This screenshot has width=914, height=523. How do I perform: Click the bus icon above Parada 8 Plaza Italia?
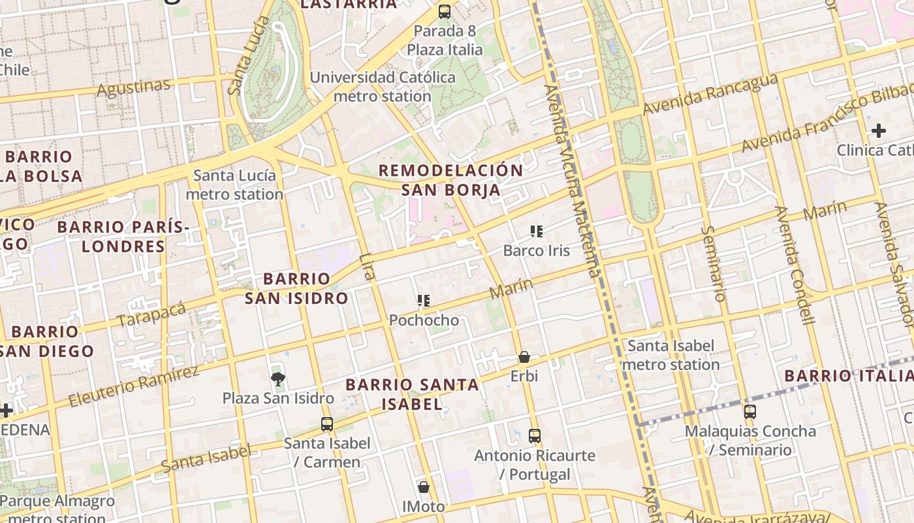pos(445,11)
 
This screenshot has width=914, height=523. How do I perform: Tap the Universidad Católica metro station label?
pos(383,86)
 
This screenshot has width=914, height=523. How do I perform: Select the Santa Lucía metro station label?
pos(234,184)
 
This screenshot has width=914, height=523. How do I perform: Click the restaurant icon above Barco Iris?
pos(537,231)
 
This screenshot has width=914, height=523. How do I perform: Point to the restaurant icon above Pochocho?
pos(424,301)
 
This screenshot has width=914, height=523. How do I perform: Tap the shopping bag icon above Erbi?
pos(524,357)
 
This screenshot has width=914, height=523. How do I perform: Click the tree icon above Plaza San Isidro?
pos(278,379)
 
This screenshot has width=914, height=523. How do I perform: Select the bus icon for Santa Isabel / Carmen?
pos(327,424)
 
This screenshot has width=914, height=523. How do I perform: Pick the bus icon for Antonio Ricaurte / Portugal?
pos(535,435)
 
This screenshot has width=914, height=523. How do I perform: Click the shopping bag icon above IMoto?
pos(424,487)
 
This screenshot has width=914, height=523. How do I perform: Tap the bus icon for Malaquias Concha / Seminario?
pos(750,412)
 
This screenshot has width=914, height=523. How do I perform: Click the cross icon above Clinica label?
pos(879,131)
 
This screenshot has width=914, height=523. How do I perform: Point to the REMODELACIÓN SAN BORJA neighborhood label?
pos(450,180)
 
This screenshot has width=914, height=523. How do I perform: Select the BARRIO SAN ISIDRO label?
pos(296,288)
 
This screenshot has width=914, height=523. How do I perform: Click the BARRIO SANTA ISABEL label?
pos(412,394)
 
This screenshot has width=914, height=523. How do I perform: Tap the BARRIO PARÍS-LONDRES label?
pos(123,237)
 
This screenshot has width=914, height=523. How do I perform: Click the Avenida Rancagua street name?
pos(710,94)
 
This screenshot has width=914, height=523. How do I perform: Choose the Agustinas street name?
pos(133,87)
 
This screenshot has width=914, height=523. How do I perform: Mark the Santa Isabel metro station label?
pos(670,355)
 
